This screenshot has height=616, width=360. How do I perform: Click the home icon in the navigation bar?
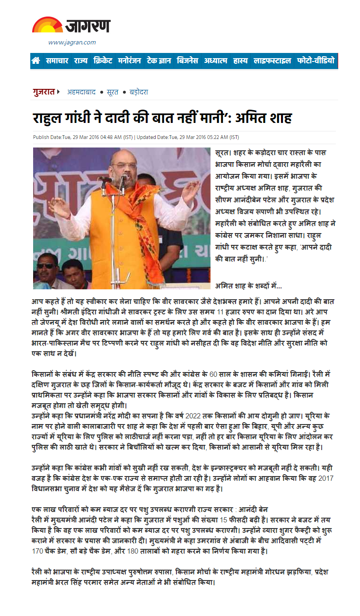[36, 61]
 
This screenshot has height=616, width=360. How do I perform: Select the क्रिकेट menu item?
[103, 61]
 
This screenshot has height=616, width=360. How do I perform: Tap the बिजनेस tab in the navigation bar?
[187, 61]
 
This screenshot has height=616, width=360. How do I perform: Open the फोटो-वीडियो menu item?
[316, 61]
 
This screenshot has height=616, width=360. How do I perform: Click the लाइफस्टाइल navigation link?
[272, 61]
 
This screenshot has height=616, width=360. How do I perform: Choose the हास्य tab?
[240, 61]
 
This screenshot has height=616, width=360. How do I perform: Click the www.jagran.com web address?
[72, 43]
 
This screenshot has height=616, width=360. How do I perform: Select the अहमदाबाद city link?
[81, 92]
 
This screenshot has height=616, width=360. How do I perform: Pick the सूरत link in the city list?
[112, 92]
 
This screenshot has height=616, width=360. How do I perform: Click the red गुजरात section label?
[44, 92]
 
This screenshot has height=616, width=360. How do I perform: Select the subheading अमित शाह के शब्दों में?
[248, 286]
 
